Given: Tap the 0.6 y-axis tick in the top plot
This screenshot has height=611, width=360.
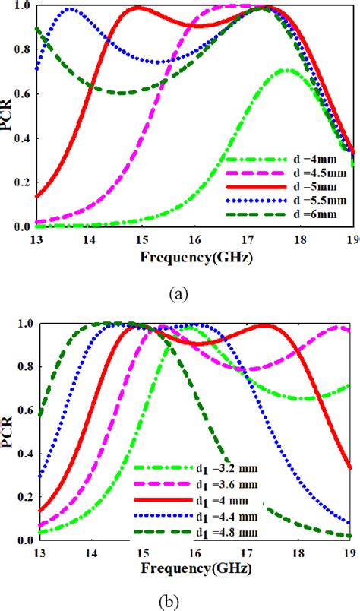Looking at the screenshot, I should pos(22,94).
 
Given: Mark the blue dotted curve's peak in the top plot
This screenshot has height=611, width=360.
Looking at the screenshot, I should pos(71,10).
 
